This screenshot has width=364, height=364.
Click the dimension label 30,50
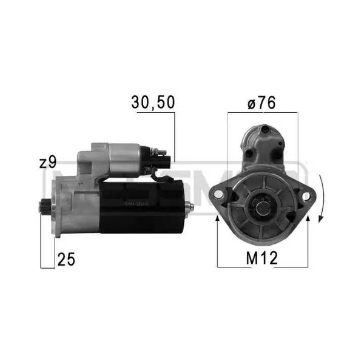(x=152, y=103)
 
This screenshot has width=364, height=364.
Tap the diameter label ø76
(x=261, y=103)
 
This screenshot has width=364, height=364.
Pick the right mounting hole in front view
(x=305, y=195)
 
